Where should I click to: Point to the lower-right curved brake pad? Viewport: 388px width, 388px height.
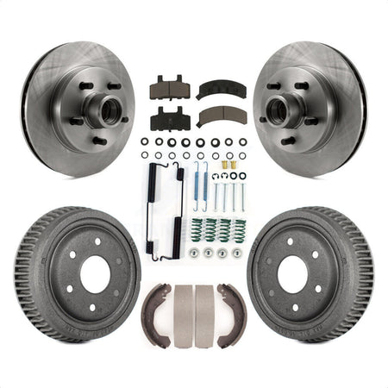point(221,116)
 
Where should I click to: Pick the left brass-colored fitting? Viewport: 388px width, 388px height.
point(222,164)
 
